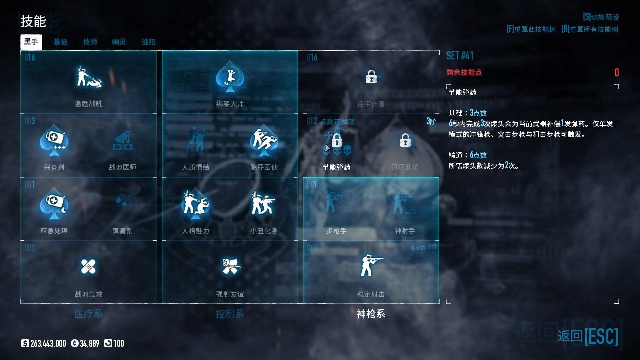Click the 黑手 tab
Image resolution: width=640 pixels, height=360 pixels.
[31, 42]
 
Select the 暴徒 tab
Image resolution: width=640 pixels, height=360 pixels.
[61, 42]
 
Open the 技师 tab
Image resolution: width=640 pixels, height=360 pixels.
[90, 42]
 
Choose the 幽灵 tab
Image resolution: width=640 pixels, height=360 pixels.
[119, 42]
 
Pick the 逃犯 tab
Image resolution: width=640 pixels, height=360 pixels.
[149, 42]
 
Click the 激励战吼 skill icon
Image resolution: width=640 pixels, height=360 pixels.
[89, 78]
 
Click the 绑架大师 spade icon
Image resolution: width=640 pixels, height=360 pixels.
[230, 78]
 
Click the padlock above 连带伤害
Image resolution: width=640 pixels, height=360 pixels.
[371, 77]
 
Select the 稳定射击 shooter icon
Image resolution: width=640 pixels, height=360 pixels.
[371, 265]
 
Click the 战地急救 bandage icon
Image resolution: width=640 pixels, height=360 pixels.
[89, 267]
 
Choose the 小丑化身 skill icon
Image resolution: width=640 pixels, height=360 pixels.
[264, 204]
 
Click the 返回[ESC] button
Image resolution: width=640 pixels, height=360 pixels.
[588, 336]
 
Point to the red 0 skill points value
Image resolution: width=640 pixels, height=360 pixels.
[617, 73]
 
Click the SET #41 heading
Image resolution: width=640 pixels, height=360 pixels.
[460, 56]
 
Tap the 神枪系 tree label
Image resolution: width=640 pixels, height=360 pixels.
[371, 314]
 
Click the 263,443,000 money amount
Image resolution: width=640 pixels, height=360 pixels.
[48, 343]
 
